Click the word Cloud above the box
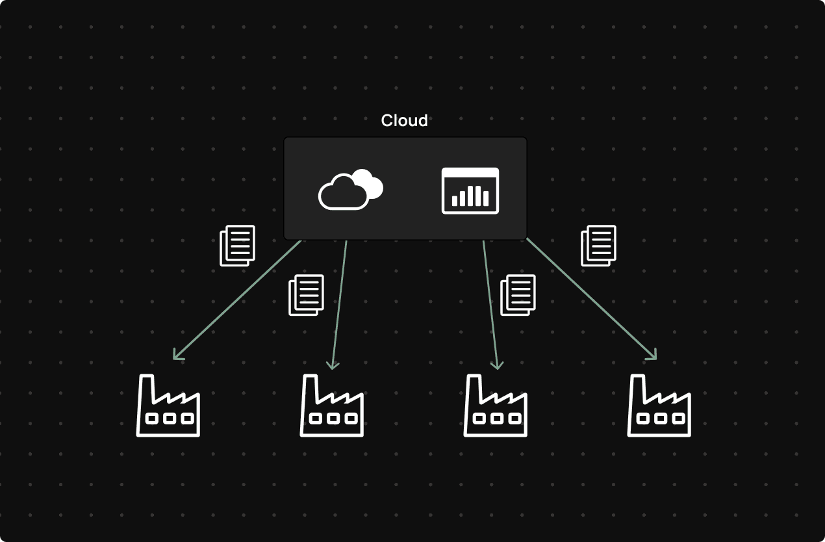click(404, 121)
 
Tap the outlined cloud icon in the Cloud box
click(344, 193)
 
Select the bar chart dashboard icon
click(470, 190)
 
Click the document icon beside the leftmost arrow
click(238, 246)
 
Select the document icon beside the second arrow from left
click(306, 295)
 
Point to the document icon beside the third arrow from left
click(518, 295)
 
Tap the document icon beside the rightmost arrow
click(598, 246)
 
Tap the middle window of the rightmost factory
click(661, 419)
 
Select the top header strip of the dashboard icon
click(470, 172)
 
